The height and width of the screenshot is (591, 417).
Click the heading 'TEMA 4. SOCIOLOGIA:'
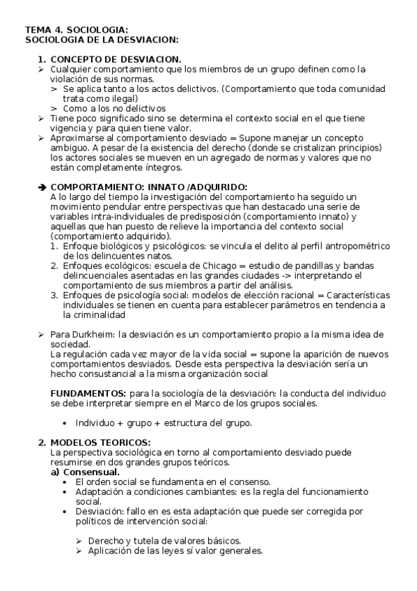click(77, 30)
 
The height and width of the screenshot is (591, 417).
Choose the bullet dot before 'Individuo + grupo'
click(65, 423)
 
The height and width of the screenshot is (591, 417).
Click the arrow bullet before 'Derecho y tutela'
click(78, 540)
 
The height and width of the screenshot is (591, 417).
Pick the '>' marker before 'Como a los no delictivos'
click(54, 109)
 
